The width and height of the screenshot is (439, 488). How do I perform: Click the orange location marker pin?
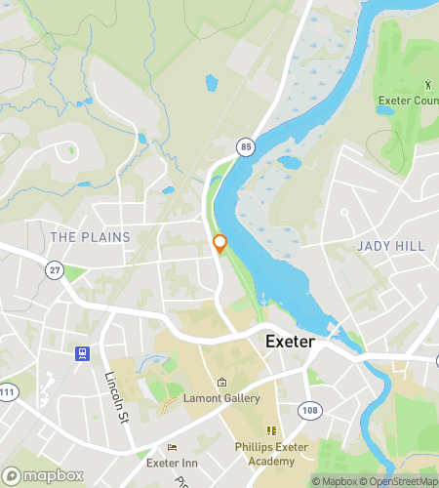tap(219, 244)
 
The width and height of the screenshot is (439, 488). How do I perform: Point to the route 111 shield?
tap(6, 391)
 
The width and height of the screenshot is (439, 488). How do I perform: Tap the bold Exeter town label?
tap(290, 344)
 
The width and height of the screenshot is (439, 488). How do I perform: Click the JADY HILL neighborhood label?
tap(390, 246)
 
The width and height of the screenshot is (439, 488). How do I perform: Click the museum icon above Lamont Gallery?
tap(221, 383)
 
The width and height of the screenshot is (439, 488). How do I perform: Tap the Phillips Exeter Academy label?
tap(270, 454)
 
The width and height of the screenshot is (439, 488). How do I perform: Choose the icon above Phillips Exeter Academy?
tap(271, 430)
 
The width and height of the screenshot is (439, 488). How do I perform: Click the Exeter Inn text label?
tap(173, 463)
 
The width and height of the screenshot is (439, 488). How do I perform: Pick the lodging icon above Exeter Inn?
tap(173, 447)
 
